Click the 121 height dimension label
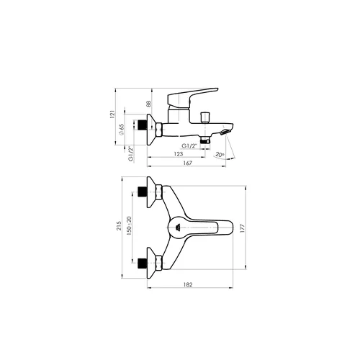(112, 114)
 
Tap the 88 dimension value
(148, 104)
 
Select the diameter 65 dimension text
(122, 130)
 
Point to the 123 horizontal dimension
(179, 154)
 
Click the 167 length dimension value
(187, 163)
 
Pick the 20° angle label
(220, 154)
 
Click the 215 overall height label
(119, 226)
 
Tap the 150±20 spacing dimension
(129, 225)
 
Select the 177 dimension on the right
(242, 228)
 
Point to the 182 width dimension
(188, 284)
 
